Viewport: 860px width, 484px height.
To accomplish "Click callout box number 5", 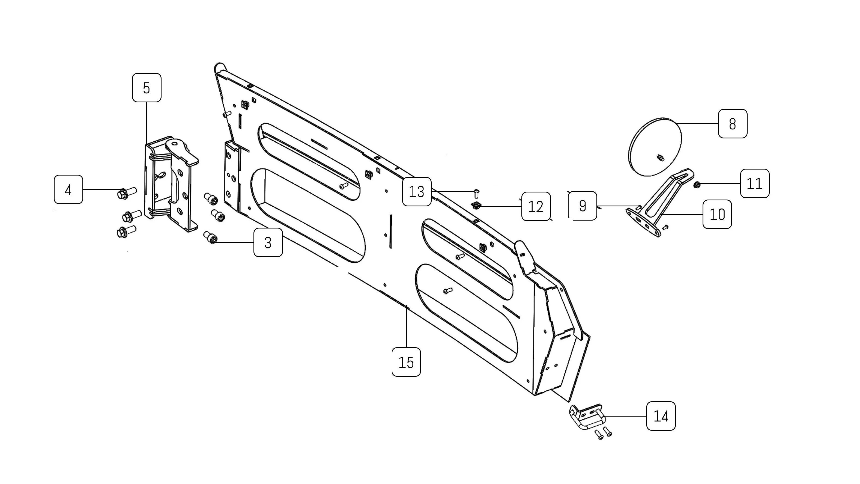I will click(147, 88).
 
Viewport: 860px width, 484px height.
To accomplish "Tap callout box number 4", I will click(68, 189).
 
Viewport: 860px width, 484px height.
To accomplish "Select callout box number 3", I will click(268, 242).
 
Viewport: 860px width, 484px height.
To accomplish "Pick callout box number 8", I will click(733, 124).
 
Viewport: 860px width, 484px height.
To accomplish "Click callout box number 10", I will click(717, 214).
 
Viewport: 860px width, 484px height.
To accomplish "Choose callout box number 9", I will click(582, 206).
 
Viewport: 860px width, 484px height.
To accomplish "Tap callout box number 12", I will click(536, 206).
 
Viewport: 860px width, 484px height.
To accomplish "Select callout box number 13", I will click(417, 191).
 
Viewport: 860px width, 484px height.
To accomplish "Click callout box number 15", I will click(406, 362).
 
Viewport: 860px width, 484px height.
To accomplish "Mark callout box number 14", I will click(661, 416).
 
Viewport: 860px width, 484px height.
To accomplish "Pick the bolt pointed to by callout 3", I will click(210, 237).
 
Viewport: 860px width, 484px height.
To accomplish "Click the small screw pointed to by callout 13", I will click(476, 193).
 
